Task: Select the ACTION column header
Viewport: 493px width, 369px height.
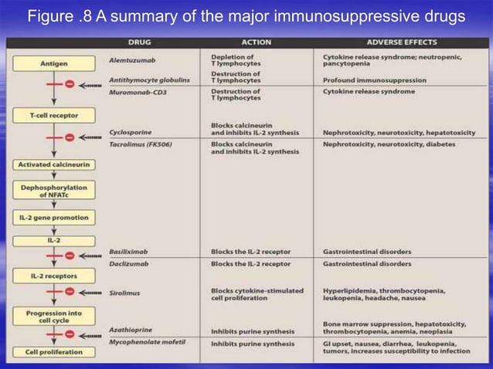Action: (256, 42)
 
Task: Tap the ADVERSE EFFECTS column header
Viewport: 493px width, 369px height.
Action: (402, 42)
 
